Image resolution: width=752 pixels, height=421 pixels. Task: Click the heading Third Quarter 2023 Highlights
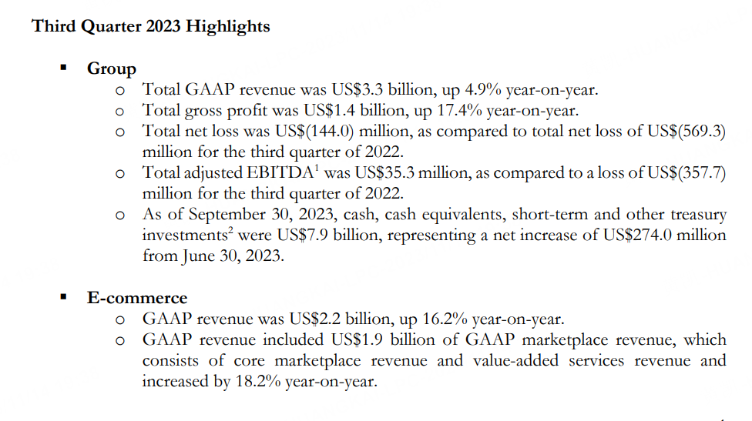tap(151, 26)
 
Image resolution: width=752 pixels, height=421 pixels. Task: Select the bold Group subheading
tap(112, 68)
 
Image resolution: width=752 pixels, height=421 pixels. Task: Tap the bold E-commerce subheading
tap(137, 298)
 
